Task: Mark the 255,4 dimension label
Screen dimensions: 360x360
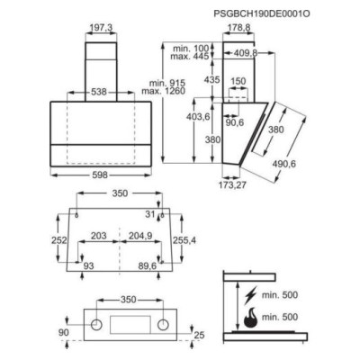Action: [183, 241]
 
